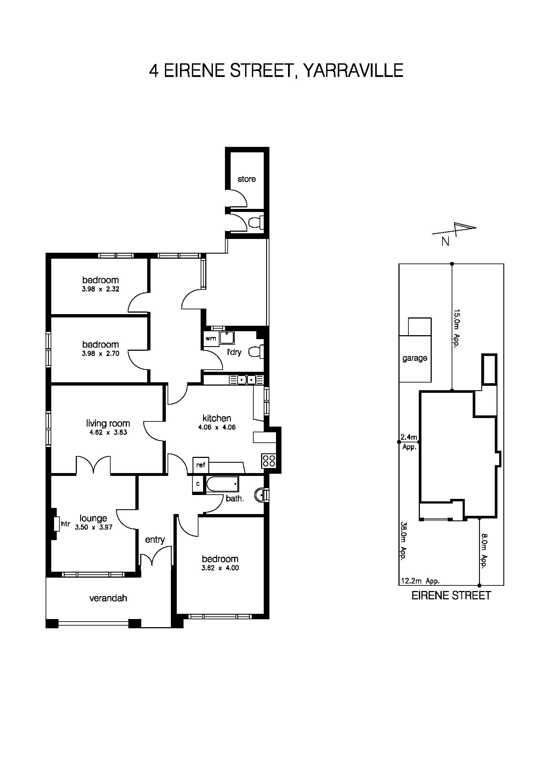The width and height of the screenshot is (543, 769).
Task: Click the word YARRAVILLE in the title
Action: [x=353, y=71]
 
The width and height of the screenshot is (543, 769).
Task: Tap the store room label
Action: [x=247, y=179]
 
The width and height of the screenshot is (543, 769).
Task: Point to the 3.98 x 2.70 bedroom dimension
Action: [x=100, y=353]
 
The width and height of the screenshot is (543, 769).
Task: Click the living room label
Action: [x=108, y=423]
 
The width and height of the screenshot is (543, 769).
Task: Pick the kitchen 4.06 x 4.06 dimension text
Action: [x=217, y=427]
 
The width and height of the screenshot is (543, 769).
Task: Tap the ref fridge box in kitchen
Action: [x=200, y=465]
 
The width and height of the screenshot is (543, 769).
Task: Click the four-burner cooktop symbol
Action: [x=269, y=461]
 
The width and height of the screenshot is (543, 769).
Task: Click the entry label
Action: [x=155, y=539]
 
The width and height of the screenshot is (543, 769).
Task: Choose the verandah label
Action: [x=108, y=598]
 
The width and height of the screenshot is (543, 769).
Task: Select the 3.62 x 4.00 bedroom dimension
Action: [x=220, y=568]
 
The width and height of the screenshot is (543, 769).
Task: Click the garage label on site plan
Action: [x=414, y=358]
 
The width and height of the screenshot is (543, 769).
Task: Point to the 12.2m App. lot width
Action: [x=420, y=581]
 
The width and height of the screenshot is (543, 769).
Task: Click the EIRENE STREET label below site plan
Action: [x=451, y=596]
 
